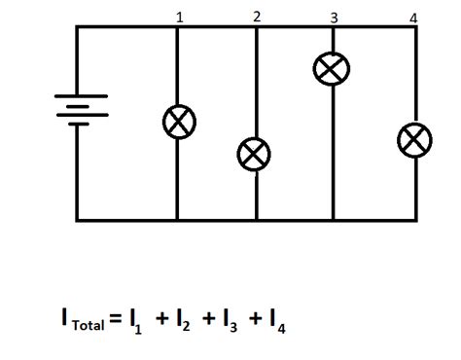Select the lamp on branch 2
(255, 154)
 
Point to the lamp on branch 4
(414, 139)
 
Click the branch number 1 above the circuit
(178, 18)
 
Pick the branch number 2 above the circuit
(256, 17)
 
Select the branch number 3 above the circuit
(334, 18)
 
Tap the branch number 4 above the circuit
(414, 18)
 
